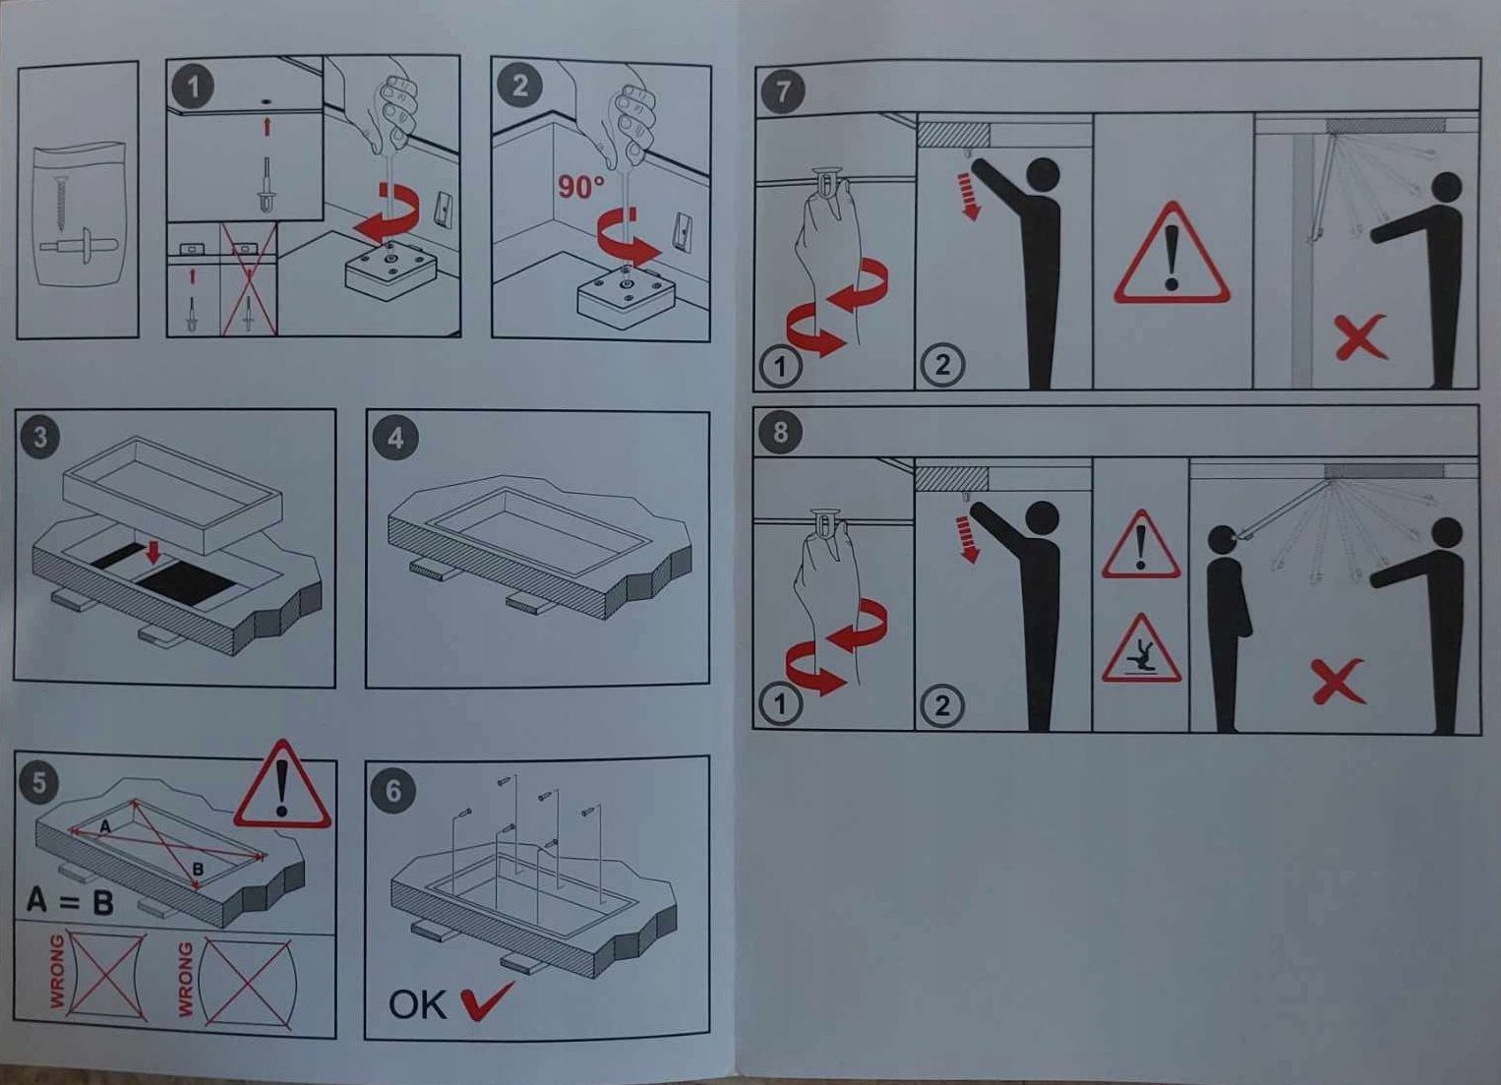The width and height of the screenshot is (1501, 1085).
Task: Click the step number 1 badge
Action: coord(193,88)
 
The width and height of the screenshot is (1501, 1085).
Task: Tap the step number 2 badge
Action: coord(520,86)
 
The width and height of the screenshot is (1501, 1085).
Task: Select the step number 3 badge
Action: coord(39,437)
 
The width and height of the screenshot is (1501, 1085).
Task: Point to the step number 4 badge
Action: coord(395,439)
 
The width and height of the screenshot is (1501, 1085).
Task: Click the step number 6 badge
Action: coord(392,792)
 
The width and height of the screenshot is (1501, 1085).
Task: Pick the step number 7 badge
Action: coord(783,91)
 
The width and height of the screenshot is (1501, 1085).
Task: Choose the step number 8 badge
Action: coord(780,432)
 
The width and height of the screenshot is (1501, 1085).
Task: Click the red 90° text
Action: coord(580,186)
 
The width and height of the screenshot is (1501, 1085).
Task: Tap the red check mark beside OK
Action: coord(487,1001)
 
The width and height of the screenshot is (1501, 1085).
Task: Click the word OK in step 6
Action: coord(417,1005)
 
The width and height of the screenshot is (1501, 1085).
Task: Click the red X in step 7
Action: coord(1359,337)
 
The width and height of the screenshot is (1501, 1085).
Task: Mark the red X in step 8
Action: coord(1338,682)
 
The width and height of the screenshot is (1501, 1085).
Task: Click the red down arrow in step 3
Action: coord(153,552)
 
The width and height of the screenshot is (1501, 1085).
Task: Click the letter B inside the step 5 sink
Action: coord(198,870)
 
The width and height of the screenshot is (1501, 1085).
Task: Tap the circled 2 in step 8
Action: coord(942,705)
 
